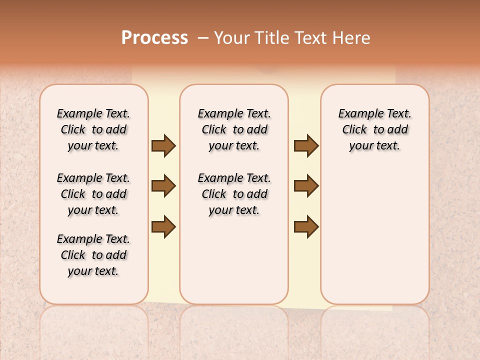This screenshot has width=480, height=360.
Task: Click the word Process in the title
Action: click(154, 38)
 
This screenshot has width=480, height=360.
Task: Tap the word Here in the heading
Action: click(351, 38)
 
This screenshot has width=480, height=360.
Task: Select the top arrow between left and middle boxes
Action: click(163, 146)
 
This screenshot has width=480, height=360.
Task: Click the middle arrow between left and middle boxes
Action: click(163, 186)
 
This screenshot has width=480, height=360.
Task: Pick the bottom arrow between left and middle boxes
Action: click(163, 227)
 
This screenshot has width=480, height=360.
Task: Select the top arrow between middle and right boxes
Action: click(306, 146)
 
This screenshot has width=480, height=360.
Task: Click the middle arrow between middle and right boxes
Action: click(306, 186)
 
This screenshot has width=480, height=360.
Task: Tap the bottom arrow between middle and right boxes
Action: click(306, 227)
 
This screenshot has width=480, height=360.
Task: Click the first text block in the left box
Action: click(93, 129)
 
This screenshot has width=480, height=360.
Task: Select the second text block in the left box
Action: click(93, 194)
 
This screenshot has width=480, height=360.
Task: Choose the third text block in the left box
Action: click(93, 255)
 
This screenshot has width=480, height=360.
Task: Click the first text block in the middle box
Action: click(234, 129)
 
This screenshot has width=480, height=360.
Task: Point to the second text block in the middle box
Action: click(234, 194)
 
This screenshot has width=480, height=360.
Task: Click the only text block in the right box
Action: click(374, 129)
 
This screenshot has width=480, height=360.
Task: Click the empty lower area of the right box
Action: click(374, 235)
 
